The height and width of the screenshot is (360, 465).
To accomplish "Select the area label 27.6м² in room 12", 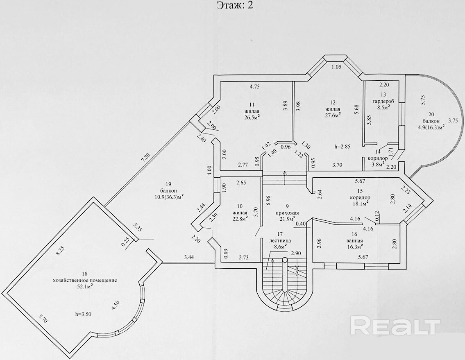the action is click(333, 115).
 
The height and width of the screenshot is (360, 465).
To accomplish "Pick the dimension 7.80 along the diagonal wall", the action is click(145, 158).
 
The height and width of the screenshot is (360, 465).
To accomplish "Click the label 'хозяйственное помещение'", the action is click(85, 280).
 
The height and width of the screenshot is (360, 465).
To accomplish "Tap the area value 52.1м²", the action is click(85, 287).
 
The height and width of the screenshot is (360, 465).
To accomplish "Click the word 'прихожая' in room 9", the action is click(287, 213).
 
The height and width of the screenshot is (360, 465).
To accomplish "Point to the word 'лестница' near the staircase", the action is click(280, 241).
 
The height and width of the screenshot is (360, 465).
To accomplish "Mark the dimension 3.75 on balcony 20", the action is click(453, 121).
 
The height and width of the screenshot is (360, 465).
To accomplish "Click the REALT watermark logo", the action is click(395, 326).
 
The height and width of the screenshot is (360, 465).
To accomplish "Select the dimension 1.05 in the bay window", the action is click(336, 68).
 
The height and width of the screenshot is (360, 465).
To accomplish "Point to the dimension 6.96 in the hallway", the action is click(268, 200).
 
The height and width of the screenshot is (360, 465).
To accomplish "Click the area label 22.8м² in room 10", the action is click(240, 219).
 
